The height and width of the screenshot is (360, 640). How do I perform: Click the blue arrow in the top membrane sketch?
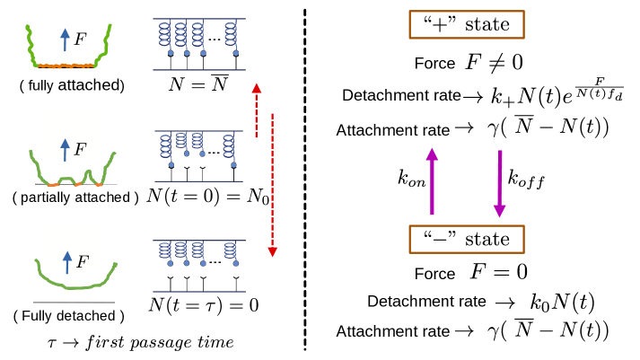tap(65, 40)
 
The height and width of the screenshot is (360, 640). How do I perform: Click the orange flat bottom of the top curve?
tap(65, 66)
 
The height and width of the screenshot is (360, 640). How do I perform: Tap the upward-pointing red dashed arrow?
tap(257, 110)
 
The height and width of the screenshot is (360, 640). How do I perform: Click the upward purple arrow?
tap(432, 181)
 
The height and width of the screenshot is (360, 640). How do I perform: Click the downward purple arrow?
tap(500, 184)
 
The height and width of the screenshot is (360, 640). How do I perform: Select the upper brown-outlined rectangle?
tap(466, 24)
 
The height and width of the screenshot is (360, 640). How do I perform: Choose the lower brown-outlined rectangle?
tap(466, 239)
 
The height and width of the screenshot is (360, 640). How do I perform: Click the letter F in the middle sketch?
tap(80, 150)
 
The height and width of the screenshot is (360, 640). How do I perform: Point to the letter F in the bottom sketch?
tap(82, 262)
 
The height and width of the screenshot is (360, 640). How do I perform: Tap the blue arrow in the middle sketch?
tap(65, 149)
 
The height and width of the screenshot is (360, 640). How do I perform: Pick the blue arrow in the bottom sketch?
tap(67, 262)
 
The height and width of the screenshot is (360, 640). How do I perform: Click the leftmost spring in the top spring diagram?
tap(164, 34)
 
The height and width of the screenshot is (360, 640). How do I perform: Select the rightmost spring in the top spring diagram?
tap(231, 34)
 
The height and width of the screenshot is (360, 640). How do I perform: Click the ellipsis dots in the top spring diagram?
tap(215, 40)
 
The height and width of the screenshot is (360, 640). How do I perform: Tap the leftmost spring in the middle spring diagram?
tap(165, 145)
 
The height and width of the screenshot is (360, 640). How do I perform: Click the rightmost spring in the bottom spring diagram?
tap(230, 250)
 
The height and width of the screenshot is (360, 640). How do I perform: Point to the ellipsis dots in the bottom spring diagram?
tap(215, 262)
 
